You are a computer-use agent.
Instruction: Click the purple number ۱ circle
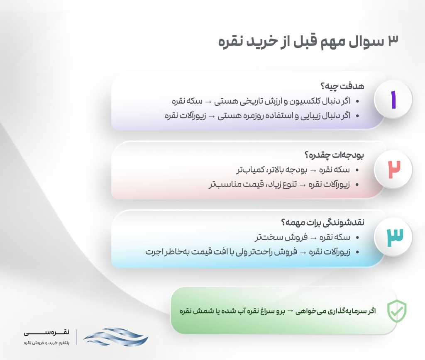(393, 100)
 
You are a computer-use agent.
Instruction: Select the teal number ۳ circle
(393, 237)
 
